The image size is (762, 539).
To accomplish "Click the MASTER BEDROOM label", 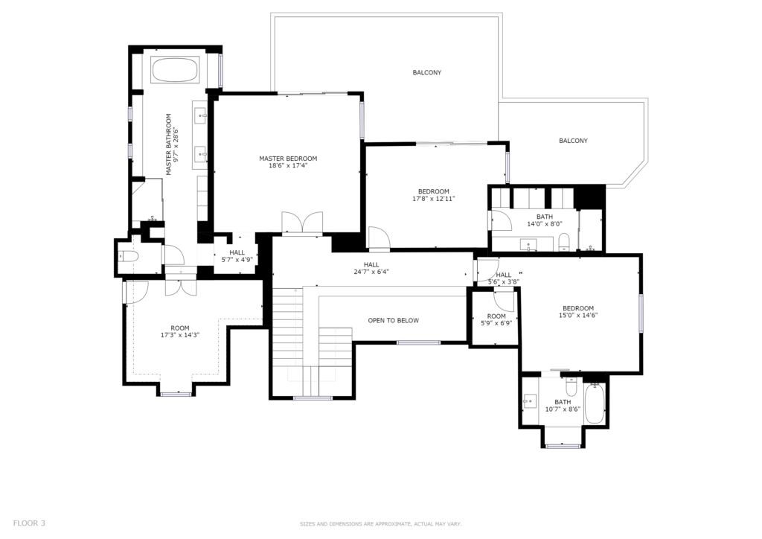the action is click(x=288, y=159).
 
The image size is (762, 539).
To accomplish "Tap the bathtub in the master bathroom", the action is click(x=175, y=71).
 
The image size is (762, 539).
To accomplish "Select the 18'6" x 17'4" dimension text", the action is click(x=288, y=166).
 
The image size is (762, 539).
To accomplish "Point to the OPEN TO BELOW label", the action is click(x=393, y=320).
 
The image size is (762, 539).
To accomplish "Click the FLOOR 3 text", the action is click(x=29, y=523).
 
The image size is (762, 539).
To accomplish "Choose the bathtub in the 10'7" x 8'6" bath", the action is click(x=594, y=404).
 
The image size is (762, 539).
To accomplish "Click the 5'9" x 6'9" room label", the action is click(x=496, y=319).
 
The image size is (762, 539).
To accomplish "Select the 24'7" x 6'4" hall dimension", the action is click(x=371, y=272).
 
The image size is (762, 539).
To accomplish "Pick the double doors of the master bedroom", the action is click(x=302, y=223).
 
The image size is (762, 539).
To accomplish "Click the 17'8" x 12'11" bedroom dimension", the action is click(x=434, y=199).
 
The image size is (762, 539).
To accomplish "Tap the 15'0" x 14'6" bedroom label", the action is click(x=578, y=311).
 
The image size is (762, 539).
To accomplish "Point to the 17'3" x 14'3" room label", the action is click(x=180, y=331).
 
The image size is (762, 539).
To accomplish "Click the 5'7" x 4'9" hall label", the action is click(x=237, y=256).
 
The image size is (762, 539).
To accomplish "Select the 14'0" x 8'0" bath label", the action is click(x=545, y=220).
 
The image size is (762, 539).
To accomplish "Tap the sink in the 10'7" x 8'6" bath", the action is click(x=529, y=402).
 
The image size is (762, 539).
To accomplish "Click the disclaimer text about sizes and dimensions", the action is click(x=380, y=524).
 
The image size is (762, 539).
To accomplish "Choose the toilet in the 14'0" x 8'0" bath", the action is click(x=564, y=241).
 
